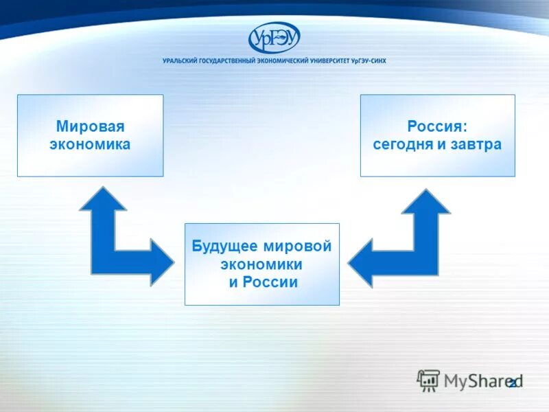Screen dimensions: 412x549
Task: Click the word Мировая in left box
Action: point(90,127)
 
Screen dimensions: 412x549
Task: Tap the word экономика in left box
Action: point(90,144)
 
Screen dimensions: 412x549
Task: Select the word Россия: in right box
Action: point(437,127)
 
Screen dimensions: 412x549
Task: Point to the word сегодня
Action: point(402,145)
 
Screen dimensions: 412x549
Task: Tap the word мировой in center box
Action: point(299,247)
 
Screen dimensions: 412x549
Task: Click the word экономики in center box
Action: point(261,264)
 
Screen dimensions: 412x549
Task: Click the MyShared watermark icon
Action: point(428,380)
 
